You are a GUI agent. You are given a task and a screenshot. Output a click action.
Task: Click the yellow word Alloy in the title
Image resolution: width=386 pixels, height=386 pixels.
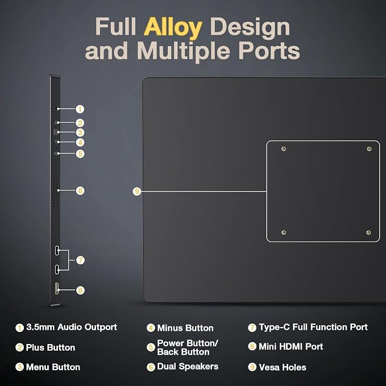click(173, 27)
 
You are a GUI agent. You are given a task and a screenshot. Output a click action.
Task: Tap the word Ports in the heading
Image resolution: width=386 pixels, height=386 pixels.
click(269, 51)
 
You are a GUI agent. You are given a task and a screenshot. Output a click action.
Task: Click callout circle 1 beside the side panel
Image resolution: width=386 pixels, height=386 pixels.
click(80, 109)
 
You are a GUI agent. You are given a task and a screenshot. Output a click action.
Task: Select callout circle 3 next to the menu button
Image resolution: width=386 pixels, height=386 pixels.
click(80, 132)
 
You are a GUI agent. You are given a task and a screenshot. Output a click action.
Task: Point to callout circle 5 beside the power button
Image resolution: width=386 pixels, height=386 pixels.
click(80, 154)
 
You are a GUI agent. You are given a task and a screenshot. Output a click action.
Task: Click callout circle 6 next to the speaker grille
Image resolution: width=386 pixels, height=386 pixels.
click(80, 190)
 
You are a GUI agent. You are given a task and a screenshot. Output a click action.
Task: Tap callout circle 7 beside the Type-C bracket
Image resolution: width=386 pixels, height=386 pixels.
click(81, 260)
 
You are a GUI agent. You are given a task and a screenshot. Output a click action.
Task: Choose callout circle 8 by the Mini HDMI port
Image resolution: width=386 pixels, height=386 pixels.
click(80, 290)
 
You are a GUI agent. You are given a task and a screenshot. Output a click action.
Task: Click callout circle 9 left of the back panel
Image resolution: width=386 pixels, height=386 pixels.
click(137, 191)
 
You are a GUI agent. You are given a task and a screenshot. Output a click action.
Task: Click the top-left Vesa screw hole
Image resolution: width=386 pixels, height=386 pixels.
click(284, 149)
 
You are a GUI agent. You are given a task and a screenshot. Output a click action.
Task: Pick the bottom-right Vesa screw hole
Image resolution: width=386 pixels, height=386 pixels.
click(368, 233)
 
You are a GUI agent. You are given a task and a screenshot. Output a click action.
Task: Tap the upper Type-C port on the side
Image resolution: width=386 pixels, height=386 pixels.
click(57, 251)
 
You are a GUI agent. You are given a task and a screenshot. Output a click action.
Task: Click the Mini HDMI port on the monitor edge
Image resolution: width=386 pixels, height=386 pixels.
click(57, 289)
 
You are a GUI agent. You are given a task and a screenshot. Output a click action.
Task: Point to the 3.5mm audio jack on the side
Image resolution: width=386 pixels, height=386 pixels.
click(57, 109)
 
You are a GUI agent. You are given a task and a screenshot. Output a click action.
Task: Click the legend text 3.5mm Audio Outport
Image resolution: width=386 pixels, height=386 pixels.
click(72, 327)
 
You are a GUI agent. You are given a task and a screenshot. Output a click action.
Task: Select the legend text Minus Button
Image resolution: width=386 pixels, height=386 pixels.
click(185, 328)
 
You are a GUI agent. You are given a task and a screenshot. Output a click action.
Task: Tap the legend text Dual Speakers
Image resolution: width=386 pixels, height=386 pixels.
click(188, 367)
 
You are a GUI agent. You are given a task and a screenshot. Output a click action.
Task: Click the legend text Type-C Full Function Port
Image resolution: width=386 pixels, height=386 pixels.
click(313, 327)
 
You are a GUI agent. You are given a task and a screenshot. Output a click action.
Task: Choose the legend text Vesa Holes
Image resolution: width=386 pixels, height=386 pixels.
click(283, 367)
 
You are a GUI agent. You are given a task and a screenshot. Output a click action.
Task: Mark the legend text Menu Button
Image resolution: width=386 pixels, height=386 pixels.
click(53, 367)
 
